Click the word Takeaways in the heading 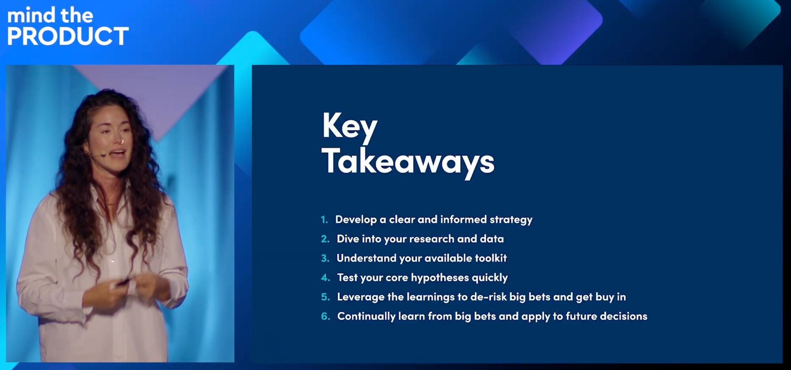point(408,162)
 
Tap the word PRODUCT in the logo point(68,36)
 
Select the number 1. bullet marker point(324,220)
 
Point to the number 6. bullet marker point(325,317)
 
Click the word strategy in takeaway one point(511,220)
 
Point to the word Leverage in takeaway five point(361,298)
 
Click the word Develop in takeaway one point(356,220)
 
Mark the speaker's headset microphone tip point(103,155)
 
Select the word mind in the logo point(31,15)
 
